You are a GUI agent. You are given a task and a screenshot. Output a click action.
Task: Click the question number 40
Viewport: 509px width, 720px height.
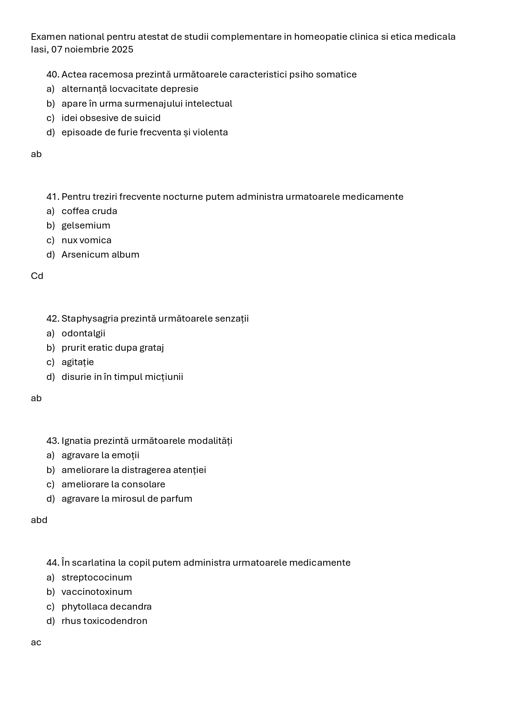click(x=53, y=75)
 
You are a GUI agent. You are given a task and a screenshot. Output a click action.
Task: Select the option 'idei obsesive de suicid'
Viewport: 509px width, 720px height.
click(x=111, y=118)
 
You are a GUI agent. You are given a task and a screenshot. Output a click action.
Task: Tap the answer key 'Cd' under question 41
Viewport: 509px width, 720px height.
click(x=37, y=276)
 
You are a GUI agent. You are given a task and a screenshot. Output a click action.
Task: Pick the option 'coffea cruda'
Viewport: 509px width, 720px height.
click(x=89, y=211)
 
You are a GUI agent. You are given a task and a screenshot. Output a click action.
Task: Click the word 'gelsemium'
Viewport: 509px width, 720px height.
click(x=86, y=226)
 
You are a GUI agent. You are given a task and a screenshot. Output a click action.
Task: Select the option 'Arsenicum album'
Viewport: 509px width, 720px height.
click(x=100, y=255)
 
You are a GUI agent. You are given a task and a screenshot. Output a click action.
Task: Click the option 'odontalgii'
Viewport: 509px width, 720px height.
click(x=83, y=334)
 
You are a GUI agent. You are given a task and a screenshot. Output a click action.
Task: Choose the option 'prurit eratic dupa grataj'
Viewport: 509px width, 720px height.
click(x=112, y=348)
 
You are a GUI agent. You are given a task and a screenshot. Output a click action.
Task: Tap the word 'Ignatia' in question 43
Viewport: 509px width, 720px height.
click(x=76, y=441)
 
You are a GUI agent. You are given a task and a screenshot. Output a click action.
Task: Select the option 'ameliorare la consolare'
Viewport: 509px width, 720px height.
click(x=113, y=485)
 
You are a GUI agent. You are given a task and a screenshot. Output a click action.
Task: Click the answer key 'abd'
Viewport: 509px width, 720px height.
click(x=39, y=520)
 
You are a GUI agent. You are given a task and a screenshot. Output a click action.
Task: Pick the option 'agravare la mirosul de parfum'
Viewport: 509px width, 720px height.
click(x=127, y=499)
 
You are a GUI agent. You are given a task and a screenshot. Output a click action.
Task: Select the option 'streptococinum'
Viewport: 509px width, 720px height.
click(x=96, y=578)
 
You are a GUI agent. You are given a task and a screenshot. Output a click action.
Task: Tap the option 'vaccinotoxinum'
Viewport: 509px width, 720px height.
click(x=96, y=592)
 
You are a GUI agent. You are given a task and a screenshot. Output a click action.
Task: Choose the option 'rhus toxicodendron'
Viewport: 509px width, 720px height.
click(x=104, y=621)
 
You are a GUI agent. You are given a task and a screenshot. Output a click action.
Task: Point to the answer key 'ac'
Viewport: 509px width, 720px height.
click(x=36, y=642)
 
